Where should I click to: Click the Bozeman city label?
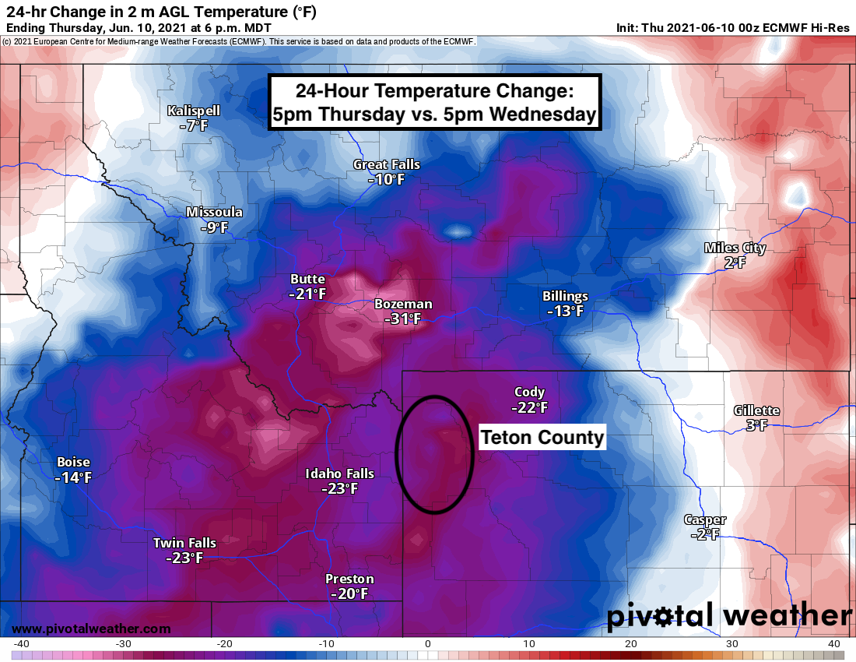(x=403, y=304)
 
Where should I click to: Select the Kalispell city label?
(x=194, y=111)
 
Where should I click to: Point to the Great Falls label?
(x=387, y=164)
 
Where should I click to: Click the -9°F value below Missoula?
(x=214, y=227)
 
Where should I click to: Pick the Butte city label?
(x=307, y=279)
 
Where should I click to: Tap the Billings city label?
(x=565, y=296)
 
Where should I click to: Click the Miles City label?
(x=735, y=248)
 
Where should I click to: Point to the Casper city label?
(x=705, y=519)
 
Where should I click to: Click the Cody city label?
(x=529, y=392)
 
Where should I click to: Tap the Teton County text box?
(x=542, y=438)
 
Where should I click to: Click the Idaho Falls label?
(x=340, y=474)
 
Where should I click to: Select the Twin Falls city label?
(x=184, y=543)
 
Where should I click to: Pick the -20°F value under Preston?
(x=349, y=593)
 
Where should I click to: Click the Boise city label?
(x=73, y=462)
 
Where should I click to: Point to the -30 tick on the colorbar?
(x=122, y=643)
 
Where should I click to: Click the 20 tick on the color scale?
(x=631, y=643)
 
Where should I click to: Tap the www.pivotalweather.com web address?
(x=91, y=629)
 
